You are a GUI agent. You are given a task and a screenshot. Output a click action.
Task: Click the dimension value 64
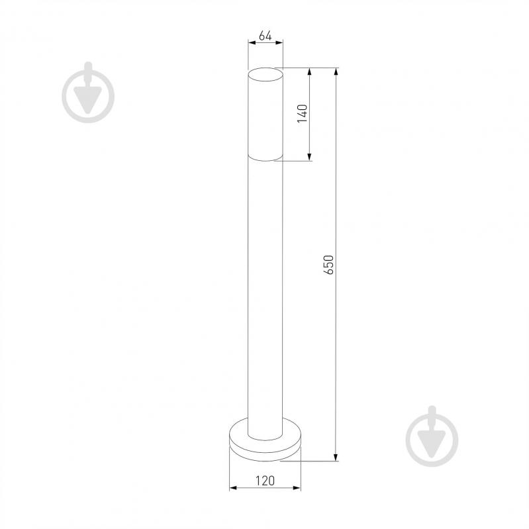click(265, 36)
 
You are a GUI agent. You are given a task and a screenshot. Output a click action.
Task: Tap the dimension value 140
click(303, 114)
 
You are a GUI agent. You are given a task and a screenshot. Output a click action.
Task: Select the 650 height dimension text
click(328, 265)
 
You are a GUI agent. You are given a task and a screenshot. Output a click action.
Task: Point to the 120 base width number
click(265, 481)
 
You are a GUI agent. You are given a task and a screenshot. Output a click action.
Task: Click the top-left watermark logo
click(88, 92)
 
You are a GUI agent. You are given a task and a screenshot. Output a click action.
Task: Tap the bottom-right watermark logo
click(432, 436)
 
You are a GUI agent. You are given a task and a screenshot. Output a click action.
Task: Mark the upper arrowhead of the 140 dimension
click(309, 72)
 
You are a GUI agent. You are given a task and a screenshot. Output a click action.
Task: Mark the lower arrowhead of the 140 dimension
click(309, 156)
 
